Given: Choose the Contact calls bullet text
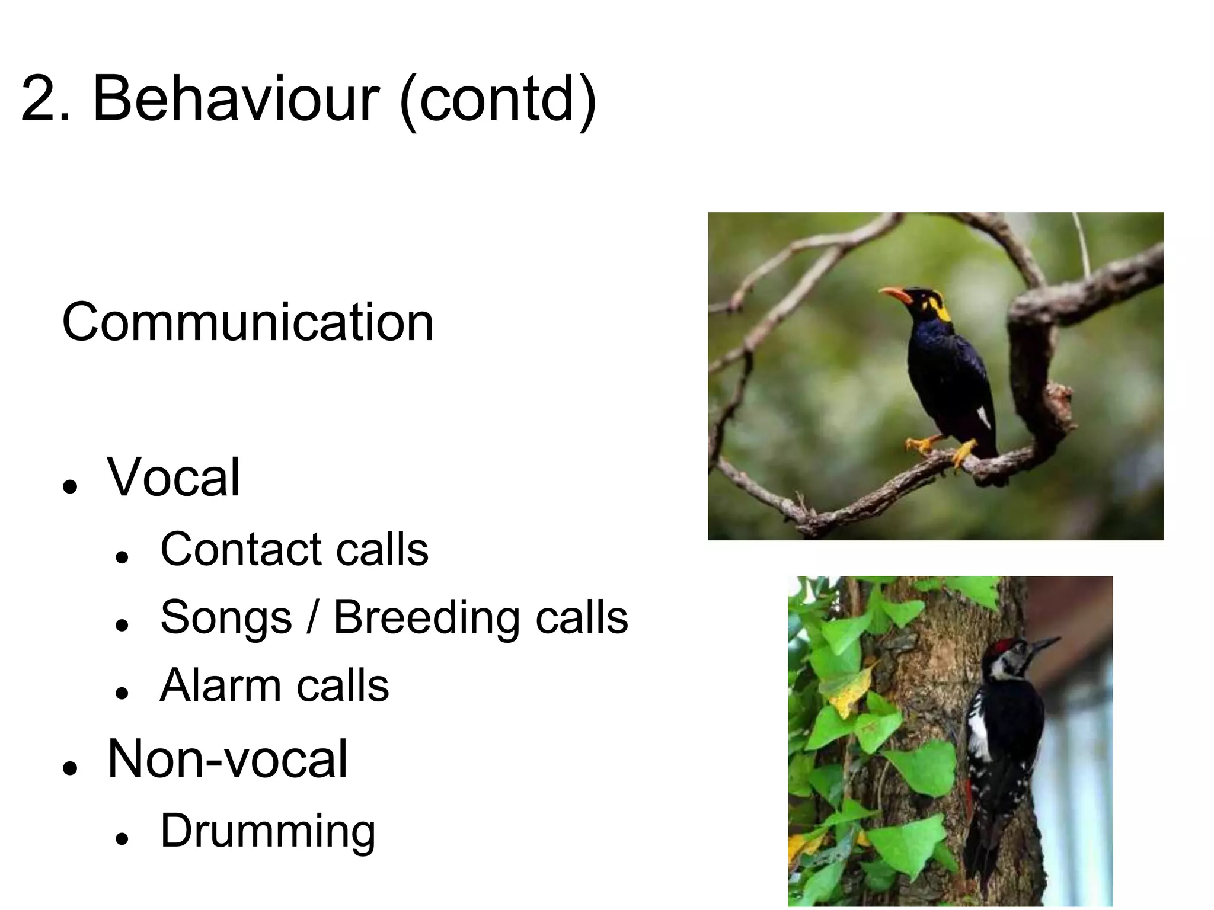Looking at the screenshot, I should tap(294, 549).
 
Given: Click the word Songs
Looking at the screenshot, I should tap(226, 617).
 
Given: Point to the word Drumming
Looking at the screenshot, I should tap(268, 831).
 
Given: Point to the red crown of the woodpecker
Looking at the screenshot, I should tap(1002, 646).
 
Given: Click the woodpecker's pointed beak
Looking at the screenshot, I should tap(1046, 644).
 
